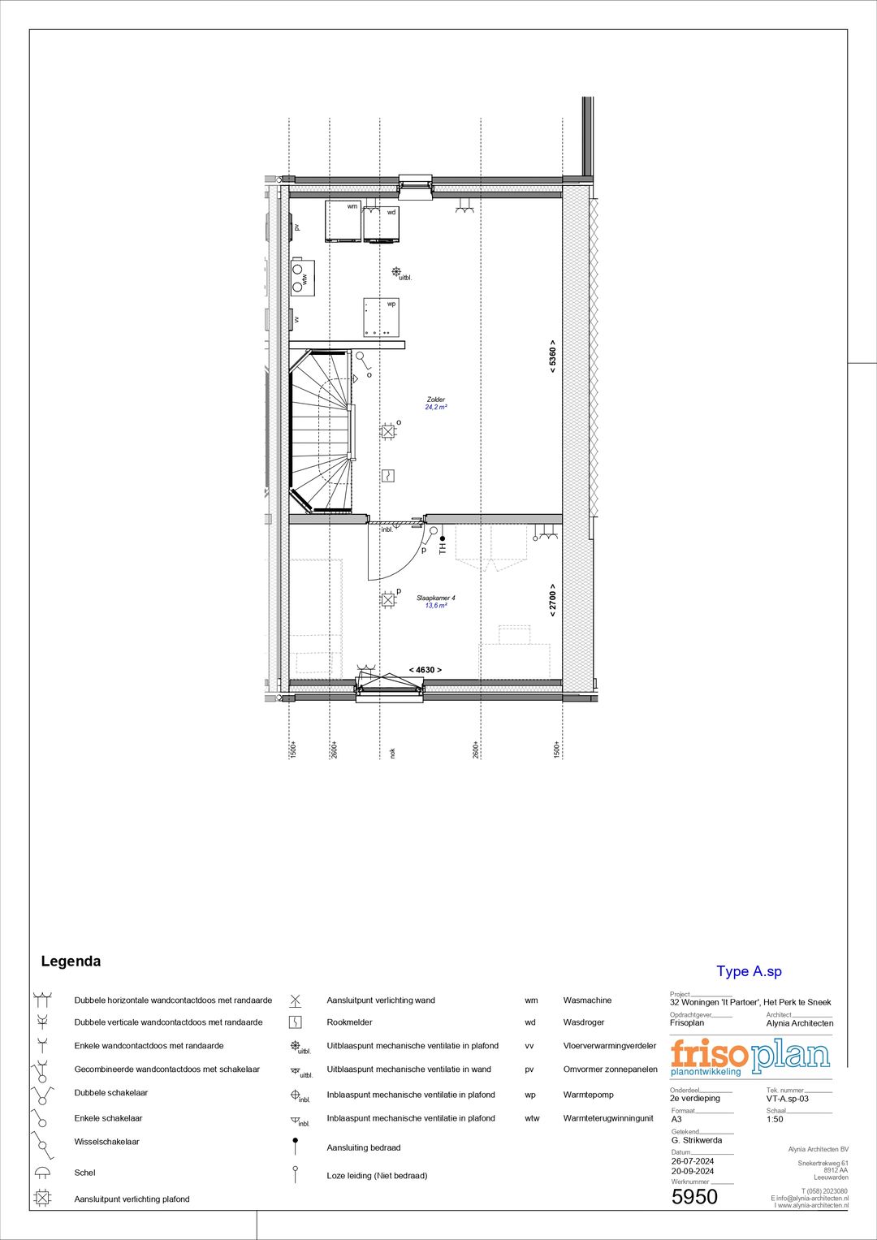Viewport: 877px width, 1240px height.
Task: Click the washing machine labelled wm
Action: [343, 222]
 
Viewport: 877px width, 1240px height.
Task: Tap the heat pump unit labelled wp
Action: [381, 317]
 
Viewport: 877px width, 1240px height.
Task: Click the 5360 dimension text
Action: [552, 356]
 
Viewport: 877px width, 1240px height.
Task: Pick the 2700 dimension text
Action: [552, 599]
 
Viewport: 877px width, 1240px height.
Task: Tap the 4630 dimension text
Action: [425, 670]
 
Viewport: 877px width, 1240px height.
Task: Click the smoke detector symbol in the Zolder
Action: [388, 475]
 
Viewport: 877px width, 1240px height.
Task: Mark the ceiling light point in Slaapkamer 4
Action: [388, 600]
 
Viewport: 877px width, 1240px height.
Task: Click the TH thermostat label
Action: [443, 547]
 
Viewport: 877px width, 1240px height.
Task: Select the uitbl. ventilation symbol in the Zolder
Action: [396, 272]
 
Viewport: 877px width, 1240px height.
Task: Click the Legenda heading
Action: [71, 961]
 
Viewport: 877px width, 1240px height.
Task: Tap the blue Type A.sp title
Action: [749, 971]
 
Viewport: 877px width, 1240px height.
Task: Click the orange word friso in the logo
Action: [708, 1054]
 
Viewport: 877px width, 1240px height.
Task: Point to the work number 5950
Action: [694, 1197]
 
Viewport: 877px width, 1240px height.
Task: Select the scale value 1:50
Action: [775, 1119]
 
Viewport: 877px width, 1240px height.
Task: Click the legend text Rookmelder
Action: [349, 1022]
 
